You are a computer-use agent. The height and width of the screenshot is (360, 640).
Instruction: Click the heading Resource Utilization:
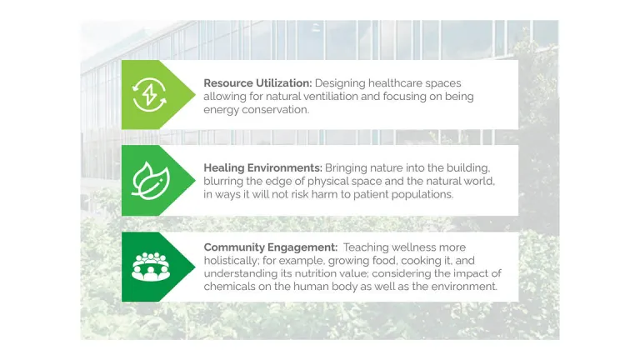256,82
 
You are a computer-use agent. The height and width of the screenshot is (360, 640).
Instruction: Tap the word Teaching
367,247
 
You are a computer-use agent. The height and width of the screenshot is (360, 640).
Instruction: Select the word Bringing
344,167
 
